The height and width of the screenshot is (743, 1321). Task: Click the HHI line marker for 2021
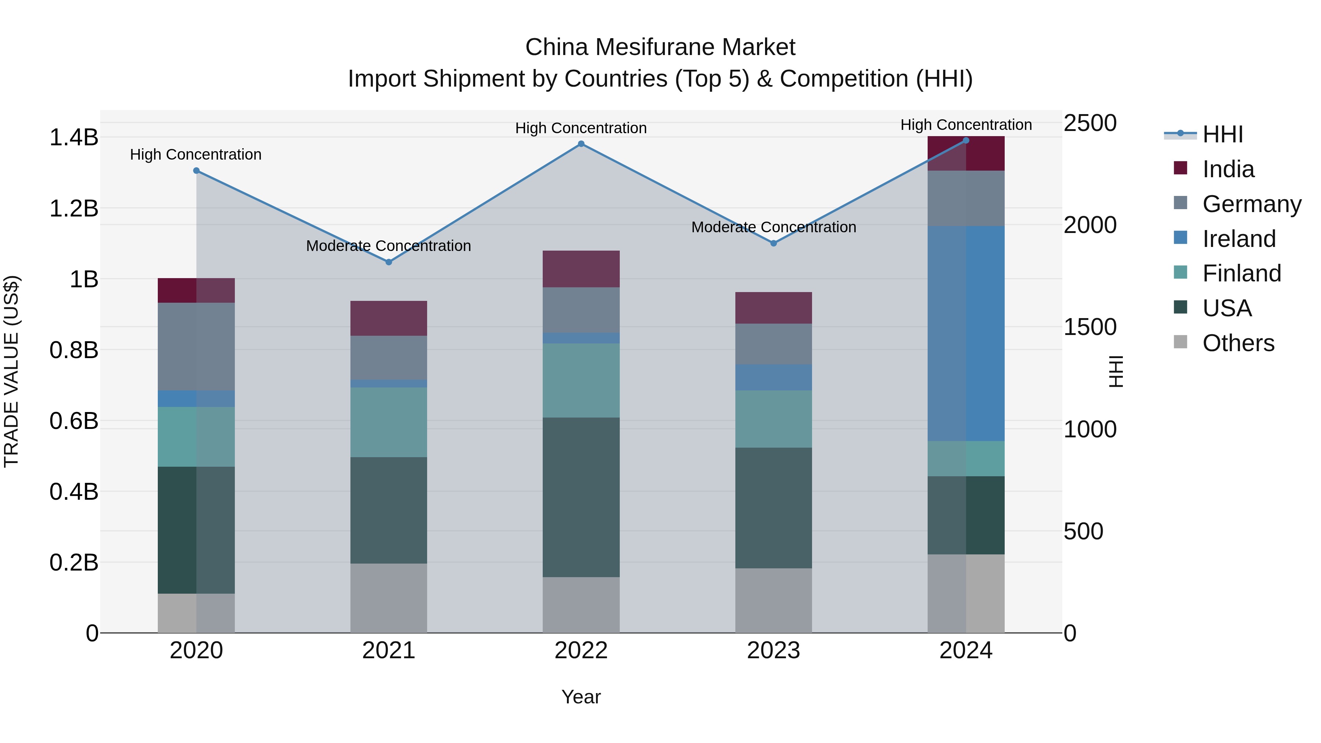(388, 262)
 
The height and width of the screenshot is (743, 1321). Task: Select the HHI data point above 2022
(581, 144)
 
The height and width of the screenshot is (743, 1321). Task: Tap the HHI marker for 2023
(773, 243)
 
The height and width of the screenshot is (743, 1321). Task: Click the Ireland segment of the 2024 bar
(966, 333)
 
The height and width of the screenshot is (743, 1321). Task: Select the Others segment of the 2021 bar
(388, 598)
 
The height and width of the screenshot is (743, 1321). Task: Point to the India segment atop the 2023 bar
(773, 308)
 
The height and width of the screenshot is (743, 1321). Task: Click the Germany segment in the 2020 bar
(196, 347)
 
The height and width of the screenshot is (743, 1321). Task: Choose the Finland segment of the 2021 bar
(388, 422)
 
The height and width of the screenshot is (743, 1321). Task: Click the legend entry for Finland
(1241, 273)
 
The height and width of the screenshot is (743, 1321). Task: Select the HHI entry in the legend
(1222, 134)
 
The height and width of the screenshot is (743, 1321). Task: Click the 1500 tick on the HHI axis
(1090, 327)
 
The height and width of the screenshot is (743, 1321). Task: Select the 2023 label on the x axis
(773, 651)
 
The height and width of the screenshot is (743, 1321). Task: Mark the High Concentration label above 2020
(196, 154)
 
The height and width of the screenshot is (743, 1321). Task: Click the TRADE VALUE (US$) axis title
(11, 371)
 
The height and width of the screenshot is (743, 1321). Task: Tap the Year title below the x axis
(581, 697)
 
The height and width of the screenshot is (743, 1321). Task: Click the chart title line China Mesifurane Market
(660, 47)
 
